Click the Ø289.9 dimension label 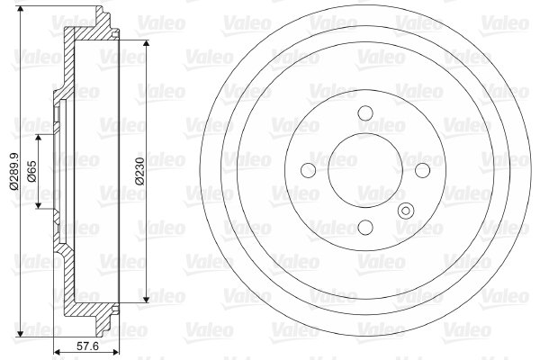(x=14, y=171)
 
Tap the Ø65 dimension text (x=31, y=171)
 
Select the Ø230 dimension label (x=139, y=171)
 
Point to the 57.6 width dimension (x=87, y=346)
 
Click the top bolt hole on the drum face (x=365, y=112)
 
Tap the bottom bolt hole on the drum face (x=365, y=227)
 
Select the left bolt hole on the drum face (x=308, y=170)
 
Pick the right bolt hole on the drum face (x=423, y=170)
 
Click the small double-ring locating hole (x=406, y=211)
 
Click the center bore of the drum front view (x=365, y=170)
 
